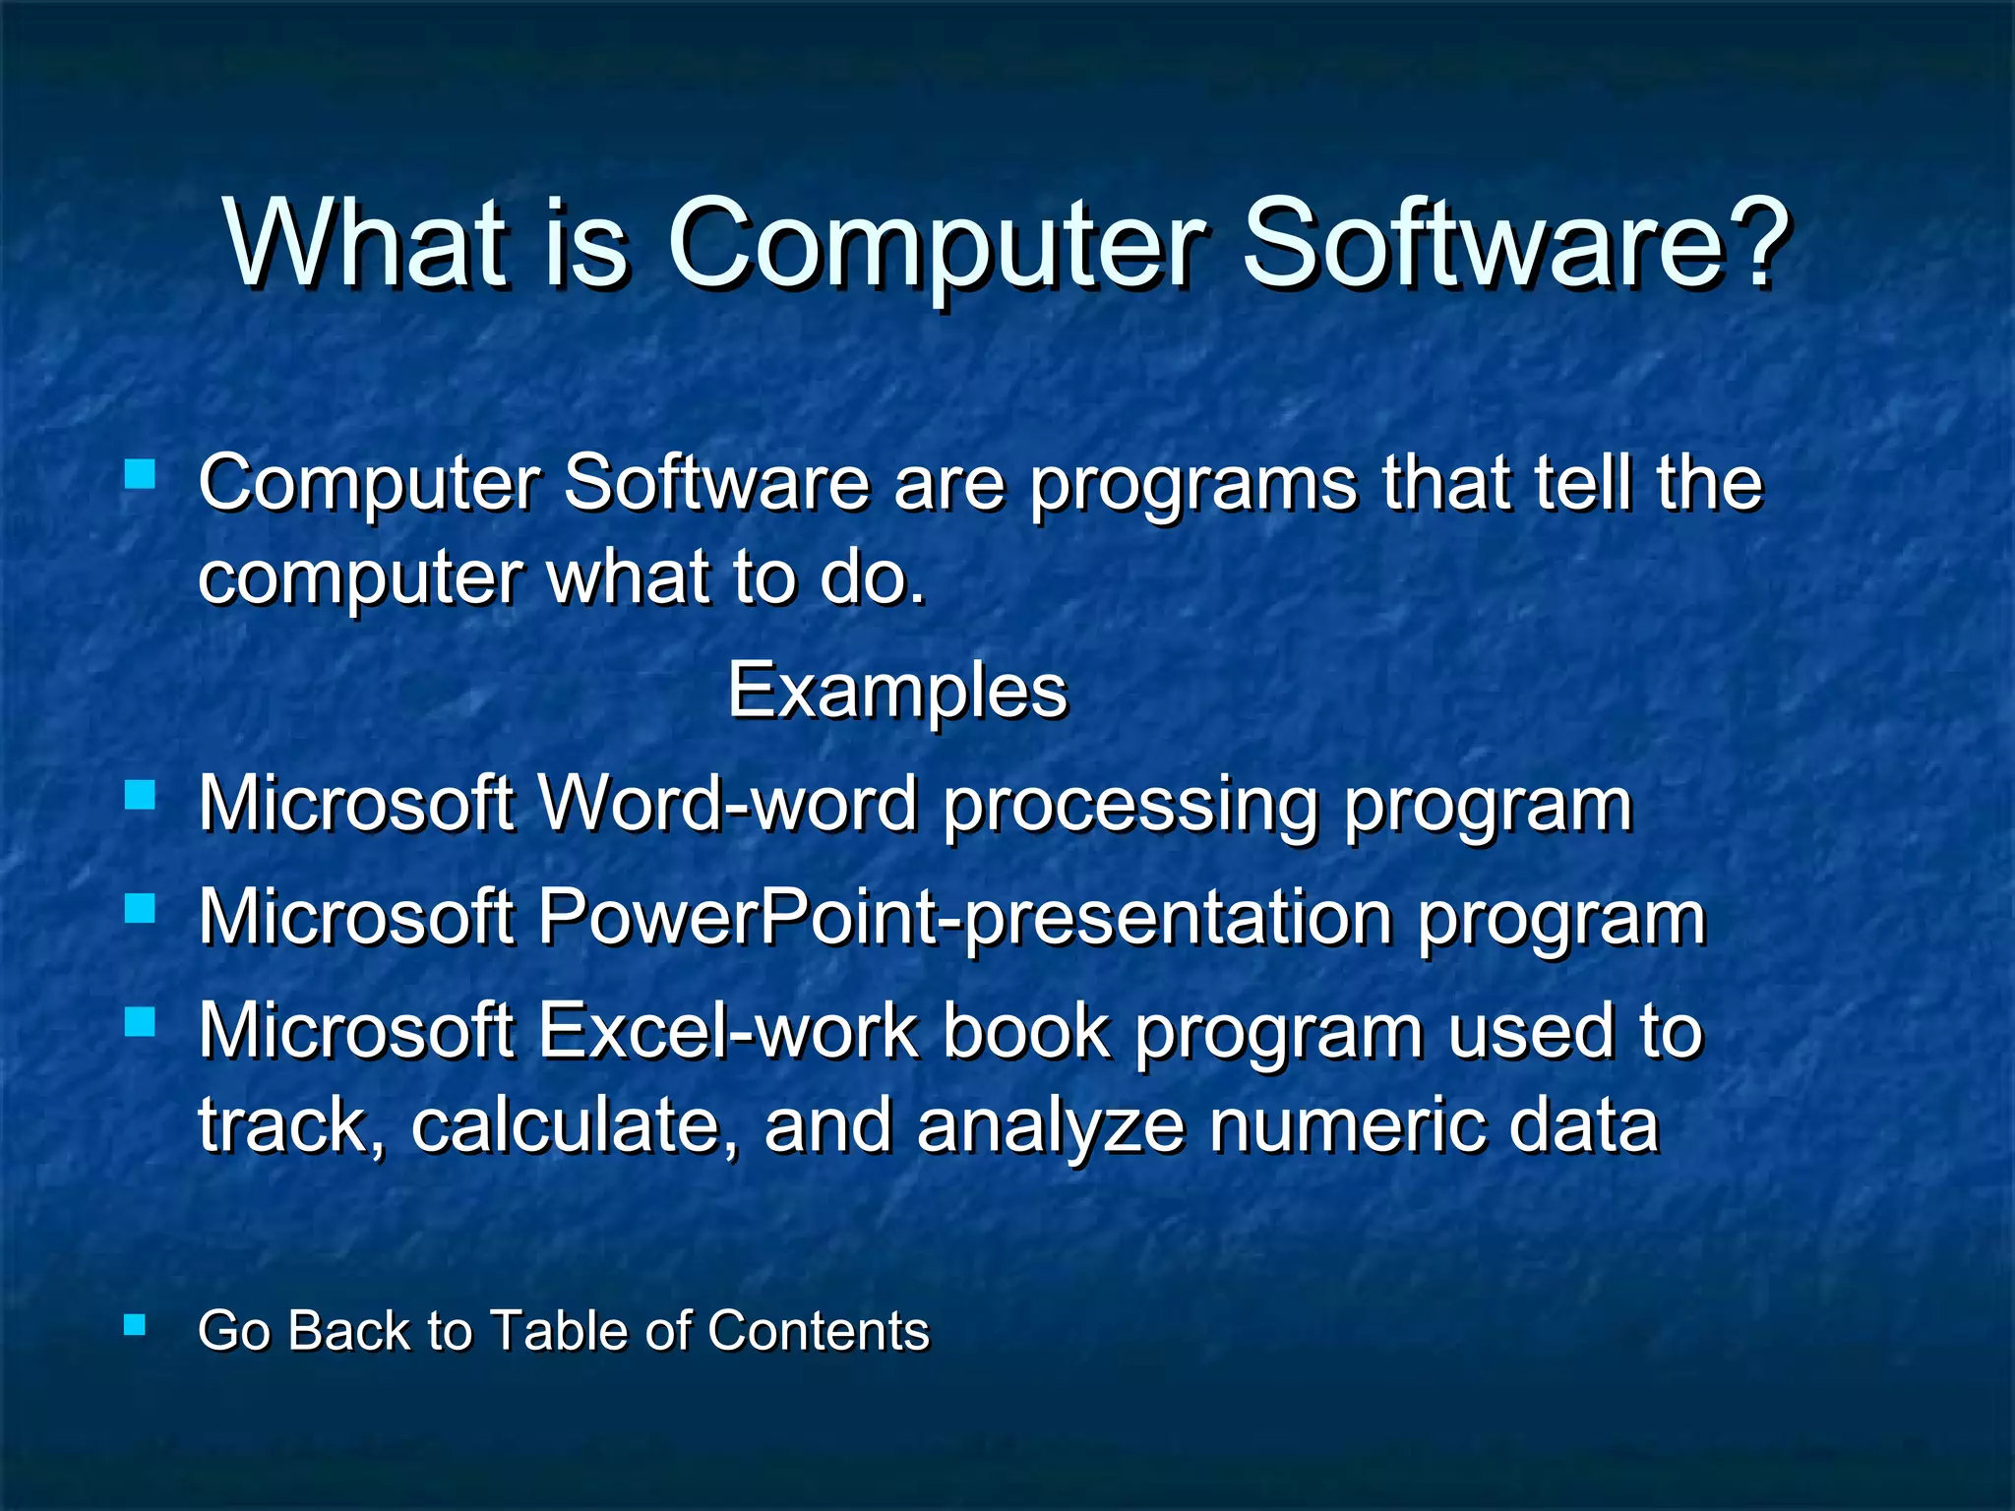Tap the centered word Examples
(x=897, y=691)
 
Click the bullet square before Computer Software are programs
(x=141, y=476)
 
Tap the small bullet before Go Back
(x=136, y=1325)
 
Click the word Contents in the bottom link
(x=818, y=1331)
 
